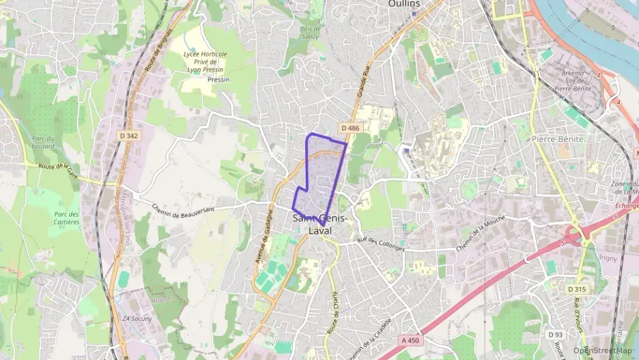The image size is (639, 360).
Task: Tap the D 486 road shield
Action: (x=349, y=128)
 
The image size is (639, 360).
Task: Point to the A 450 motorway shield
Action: (x=410, y=339)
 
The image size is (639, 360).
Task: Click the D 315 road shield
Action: (x=577, y=289)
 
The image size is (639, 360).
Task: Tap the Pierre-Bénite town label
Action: (x=557, y=139)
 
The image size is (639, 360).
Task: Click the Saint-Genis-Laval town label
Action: (x=320, y=225)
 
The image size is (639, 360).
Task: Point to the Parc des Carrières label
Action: (x=66, y=218)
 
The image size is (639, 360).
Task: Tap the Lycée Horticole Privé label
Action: (x=205, y=62)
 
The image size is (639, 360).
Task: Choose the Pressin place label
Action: (x=218, y=79)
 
